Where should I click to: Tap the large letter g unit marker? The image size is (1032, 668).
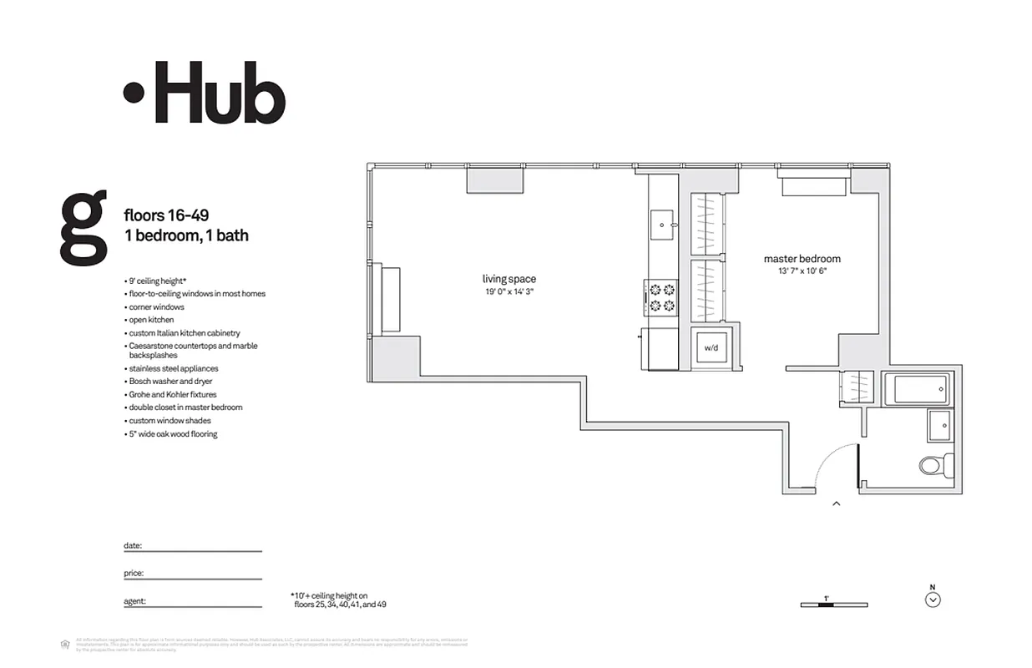coord(83,226)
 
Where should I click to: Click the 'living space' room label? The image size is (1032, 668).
coord(508,279)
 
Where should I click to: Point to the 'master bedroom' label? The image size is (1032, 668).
coord(802,259)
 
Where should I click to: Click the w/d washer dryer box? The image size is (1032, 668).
coord(711,347)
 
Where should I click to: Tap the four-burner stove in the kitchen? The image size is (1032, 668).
coord(661,297)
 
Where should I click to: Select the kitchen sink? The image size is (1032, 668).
coord(664,224)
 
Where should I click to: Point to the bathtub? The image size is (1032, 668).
coord(917,389)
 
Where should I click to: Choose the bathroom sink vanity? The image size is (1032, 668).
coord(938,426)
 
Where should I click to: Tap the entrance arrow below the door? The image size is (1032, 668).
coord(837,504)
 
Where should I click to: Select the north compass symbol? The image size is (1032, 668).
coord(933,599)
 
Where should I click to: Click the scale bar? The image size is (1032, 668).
coord(833,605)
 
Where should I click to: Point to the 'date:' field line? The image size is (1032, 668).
coord(200,550)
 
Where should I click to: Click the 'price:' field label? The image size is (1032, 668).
coord(134,574)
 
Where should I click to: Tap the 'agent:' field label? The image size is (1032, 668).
coord(134,601)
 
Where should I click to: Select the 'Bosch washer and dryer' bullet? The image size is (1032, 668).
coord(170,382)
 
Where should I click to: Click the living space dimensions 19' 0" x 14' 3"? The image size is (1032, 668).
coord(508,292)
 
